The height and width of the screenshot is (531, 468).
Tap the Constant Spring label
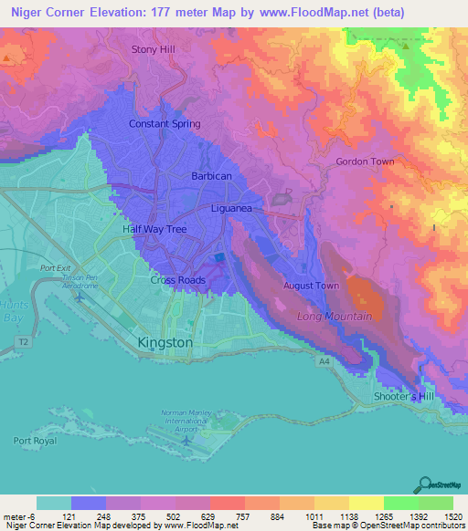coord(164,123)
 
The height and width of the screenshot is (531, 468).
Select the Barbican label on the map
coord(211,175)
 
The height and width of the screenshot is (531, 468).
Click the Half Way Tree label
coord(154,229)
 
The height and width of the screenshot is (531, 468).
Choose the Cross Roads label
coord(177,280)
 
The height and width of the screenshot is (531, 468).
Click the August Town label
coord(312,286)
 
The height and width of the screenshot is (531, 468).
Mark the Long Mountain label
coord(335,316)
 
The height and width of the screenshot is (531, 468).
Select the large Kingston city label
coord(165,342)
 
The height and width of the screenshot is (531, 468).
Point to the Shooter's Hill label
coord(404,397)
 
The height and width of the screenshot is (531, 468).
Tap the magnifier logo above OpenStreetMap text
coord(425,484)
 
